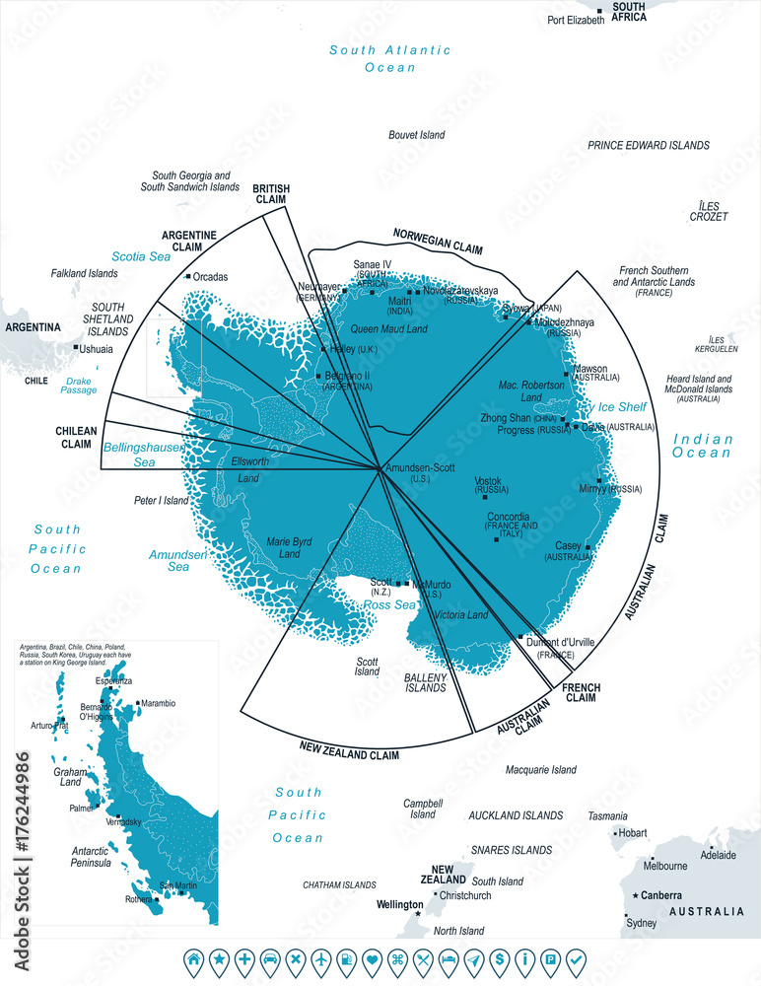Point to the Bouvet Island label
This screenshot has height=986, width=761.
tap(416, 135)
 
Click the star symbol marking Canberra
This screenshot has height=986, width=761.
tap(636, 895)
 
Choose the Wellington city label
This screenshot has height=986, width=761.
tap(399, 904)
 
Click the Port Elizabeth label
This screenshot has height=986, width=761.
tap(576, 20)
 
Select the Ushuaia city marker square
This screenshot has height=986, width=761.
tap(76, 347)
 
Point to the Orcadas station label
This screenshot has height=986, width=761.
tap(210, 277)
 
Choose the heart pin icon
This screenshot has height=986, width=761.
tap(372, 957)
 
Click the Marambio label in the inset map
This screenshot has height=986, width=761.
tap(158, 703)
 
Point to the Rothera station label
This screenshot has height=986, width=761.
tap(138, 899)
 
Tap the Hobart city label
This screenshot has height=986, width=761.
tap(633, 833)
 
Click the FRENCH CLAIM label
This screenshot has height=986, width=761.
tap(582, 691)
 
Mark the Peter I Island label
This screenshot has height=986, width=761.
tap(162, 501)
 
